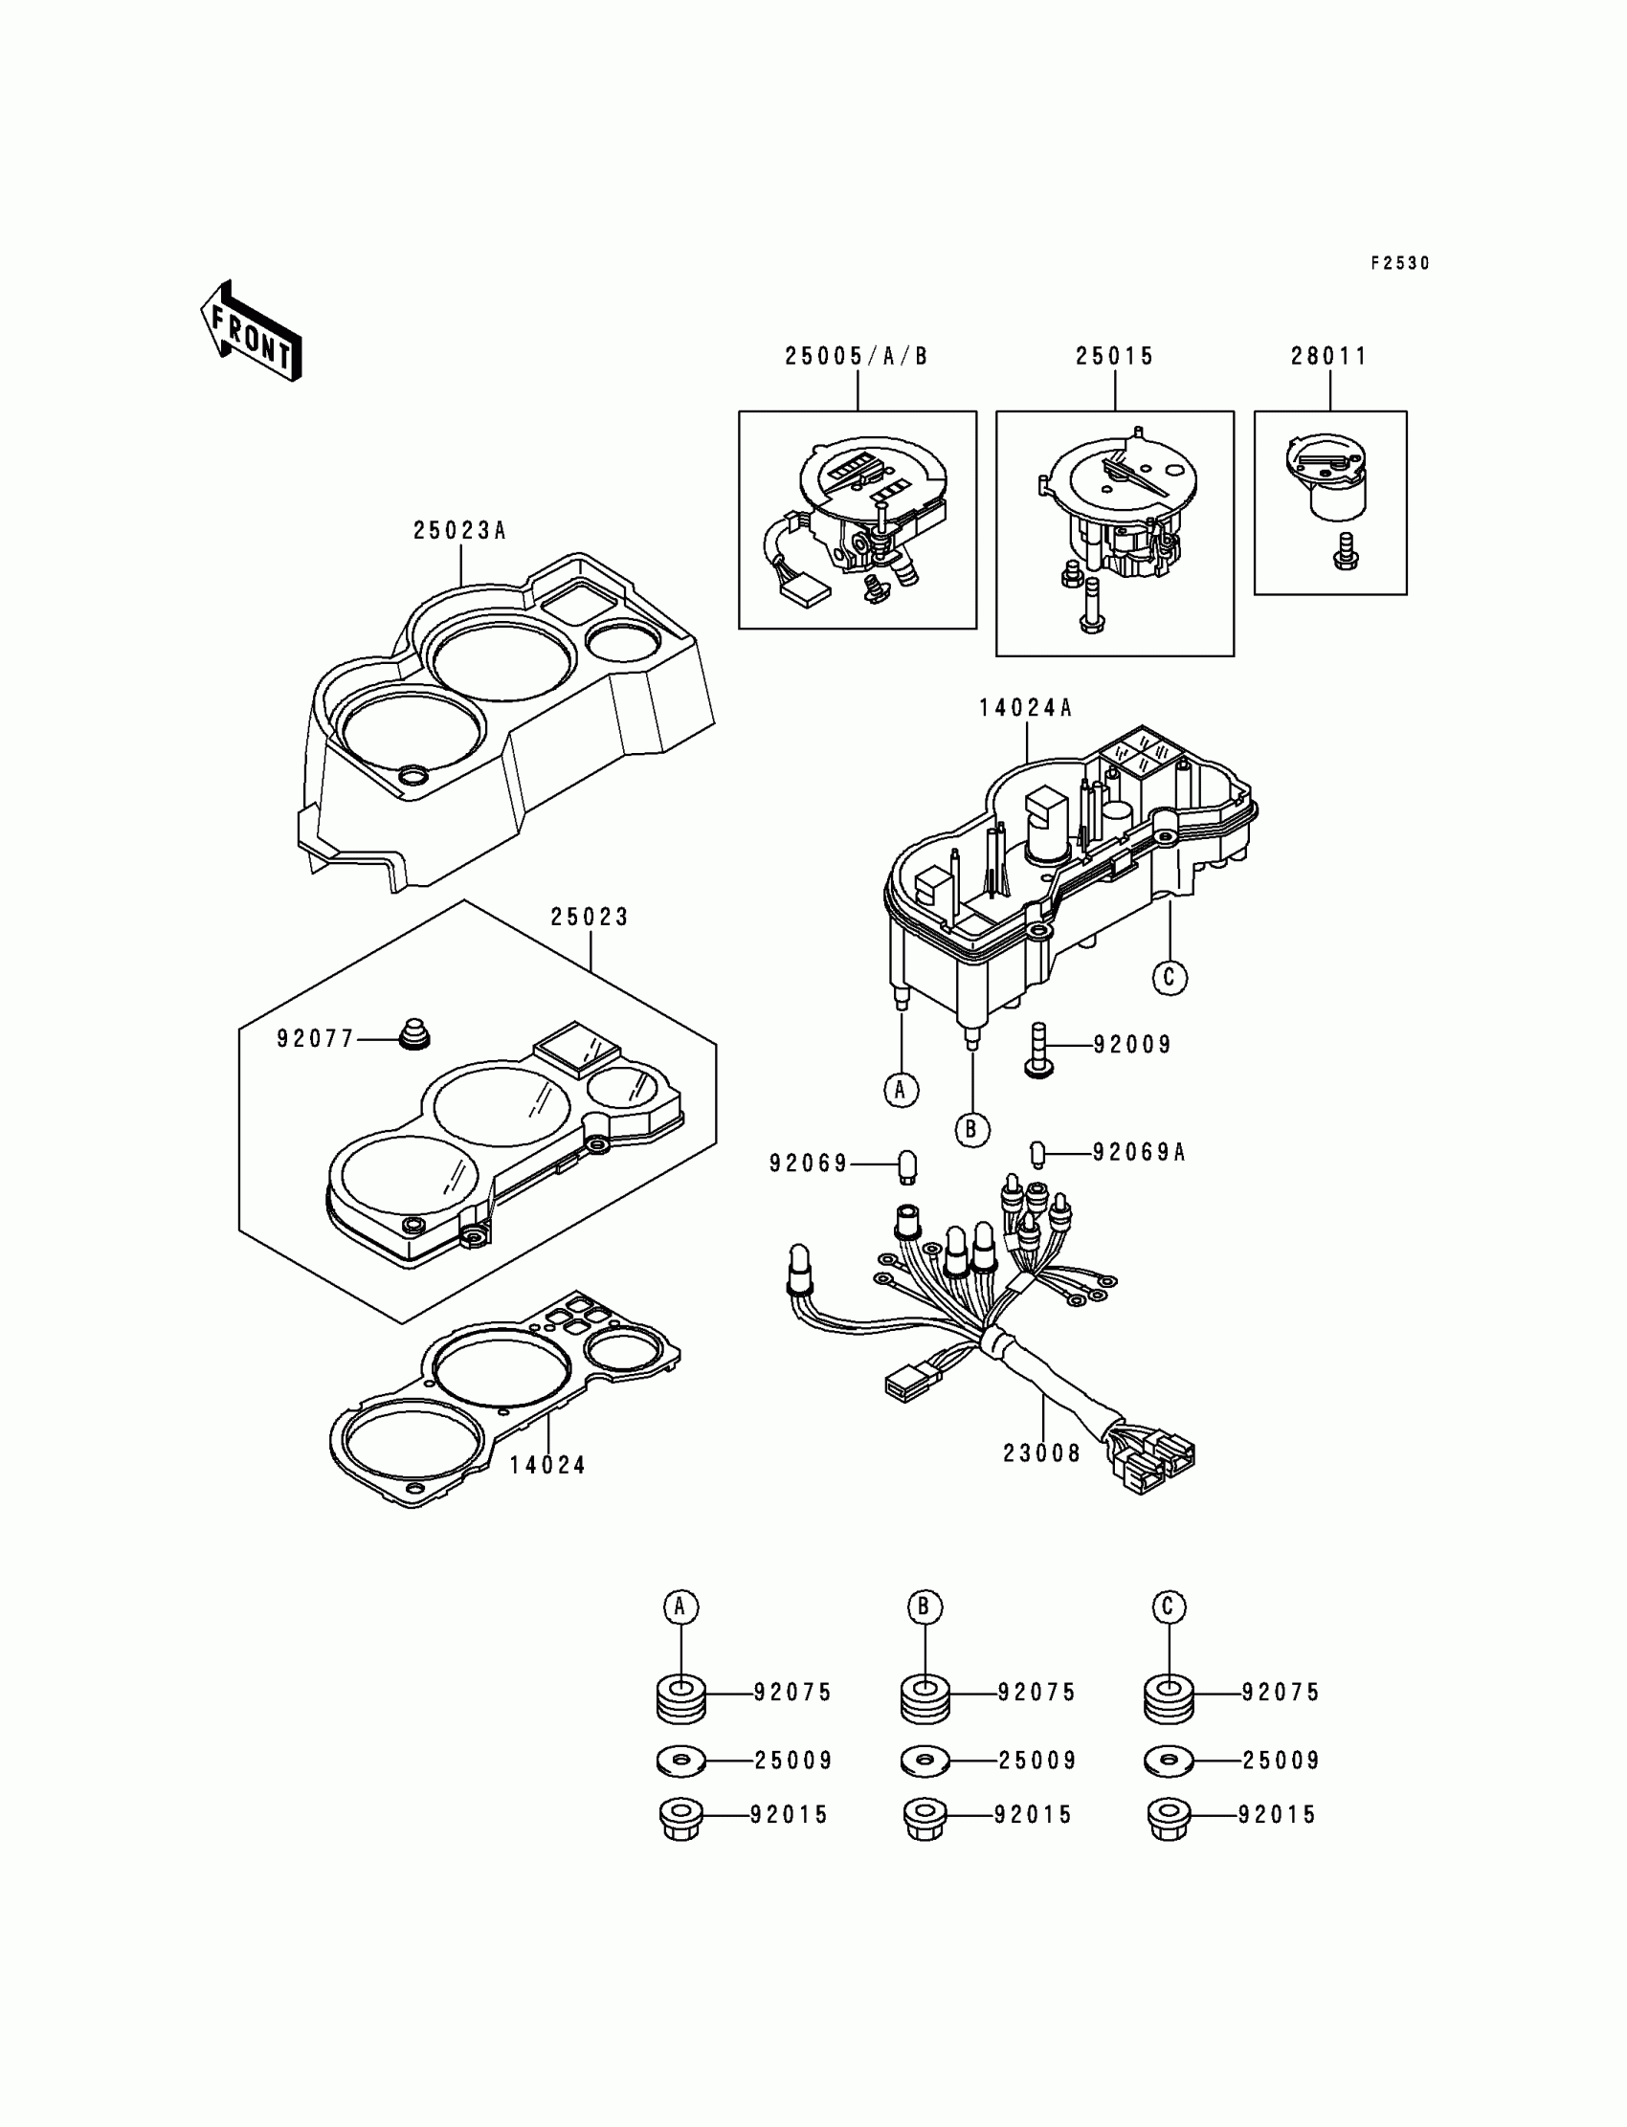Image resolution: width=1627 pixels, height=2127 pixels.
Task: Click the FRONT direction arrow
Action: (x=251, y=331)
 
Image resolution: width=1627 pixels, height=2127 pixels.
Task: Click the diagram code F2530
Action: (x=1399, y=263)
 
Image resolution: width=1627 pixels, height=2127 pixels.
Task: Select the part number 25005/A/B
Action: (x=857, y=357)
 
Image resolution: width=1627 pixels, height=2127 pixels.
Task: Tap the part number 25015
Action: (x=1115, y=357)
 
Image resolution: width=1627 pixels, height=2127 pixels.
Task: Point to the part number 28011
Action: (x=1328, y=357)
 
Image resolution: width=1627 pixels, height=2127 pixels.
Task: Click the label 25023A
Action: (x=460, y=531)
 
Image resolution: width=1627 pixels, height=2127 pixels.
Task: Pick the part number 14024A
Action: (x=1026, y=709)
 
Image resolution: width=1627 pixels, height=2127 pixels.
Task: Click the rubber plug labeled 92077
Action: (x=414, y=1034)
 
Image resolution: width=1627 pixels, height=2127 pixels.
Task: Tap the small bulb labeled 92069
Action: (x=907, y=1165)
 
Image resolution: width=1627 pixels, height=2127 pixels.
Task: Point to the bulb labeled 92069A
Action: (x=1036, y=1153)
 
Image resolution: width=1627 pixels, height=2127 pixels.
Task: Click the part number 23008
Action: (x=1042, y=1480)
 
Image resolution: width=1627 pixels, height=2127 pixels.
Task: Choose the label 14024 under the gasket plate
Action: (x=548, y=1466)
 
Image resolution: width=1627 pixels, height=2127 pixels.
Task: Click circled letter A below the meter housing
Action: (x=901, y=1090)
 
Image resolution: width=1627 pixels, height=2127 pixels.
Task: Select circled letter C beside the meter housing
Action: (x=1169, y=977)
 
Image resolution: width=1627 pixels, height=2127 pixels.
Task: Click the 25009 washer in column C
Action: (x=1169, y=1761)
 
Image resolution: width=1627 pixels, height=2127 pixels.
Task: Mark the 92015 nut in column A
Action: (x=680, y=1817)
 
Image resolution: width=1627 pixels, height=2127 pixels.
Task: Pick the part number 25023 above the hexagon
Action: (x=590, y=917)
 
